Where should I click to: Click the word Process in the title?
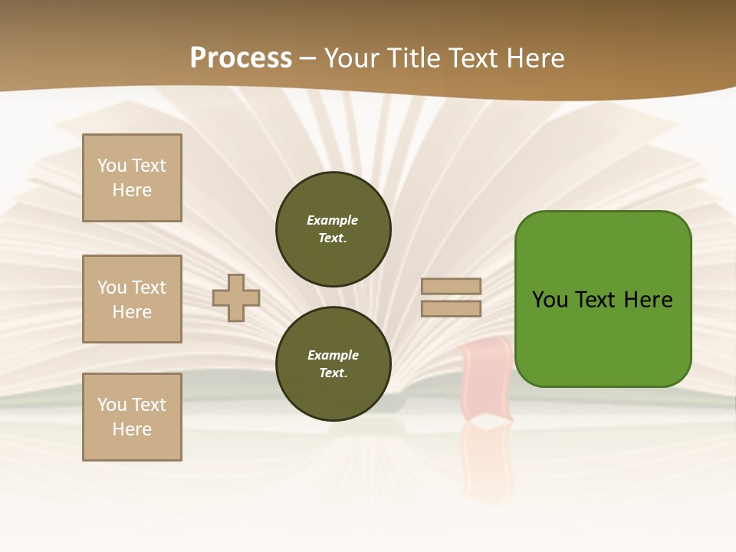pos(241,58)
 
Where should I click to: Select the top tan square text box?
pos(132,178)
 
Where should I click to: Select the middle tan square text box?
pos(132,299)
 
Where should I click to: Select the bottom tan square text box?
pos(132,417)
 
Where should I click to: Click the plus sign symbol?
pos(236,297)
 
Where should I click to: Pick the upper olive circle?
pos(333,228)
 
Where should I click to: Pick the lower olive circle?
pos(333,364)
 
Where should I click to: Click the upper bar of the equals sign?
pos(452,287)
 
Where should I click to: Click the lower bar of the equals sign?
pos(452,308)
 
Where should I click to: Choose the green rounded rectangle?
pos(603,299)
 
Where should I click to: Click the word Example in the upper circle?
pos(332,220)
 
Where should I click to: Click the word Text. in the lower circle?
pos(333,373)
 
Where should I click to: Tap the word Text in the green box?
pos(596,300)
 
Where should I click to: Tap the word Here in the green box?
pos(648,300)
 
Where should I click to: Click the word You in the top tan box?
pos(112,166)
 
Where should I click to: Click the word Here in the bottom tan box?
pos(132,429)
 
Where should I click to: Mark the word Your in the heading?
pos(350,58)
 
